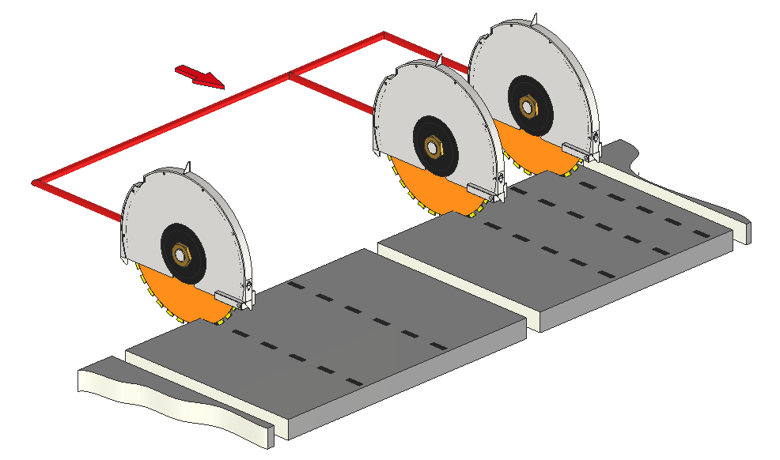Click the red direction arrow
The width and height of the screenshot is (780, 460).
(x=201, y=77)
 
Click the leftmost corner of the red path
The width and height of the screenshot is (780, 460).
(x=35, y=183)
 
